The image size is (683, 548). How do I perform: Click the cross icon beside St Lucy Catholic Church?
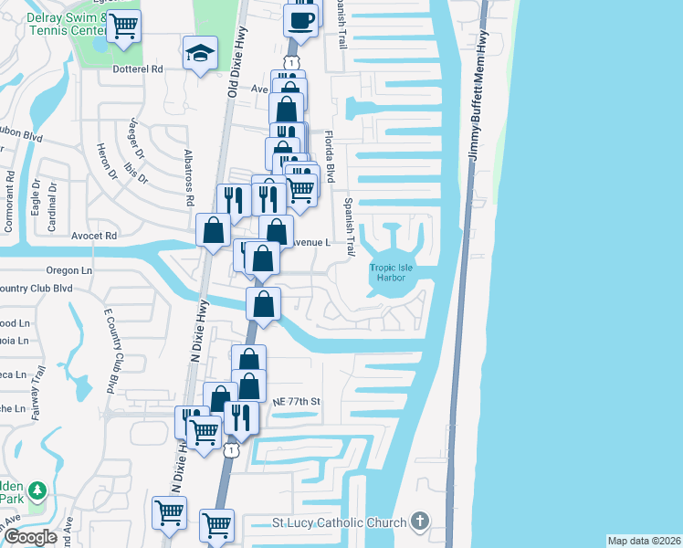point(419,521)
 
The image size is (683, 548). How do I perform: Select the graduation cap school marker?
point(200,54)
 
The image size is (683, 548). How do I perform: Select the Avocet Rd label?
point(95,235)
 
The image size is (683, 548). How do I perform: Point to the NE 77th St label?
point(298,401)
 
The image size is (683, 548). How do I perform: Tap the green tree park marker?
point(37,492)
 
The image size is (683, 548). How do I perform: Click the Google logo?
point(31,537)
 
